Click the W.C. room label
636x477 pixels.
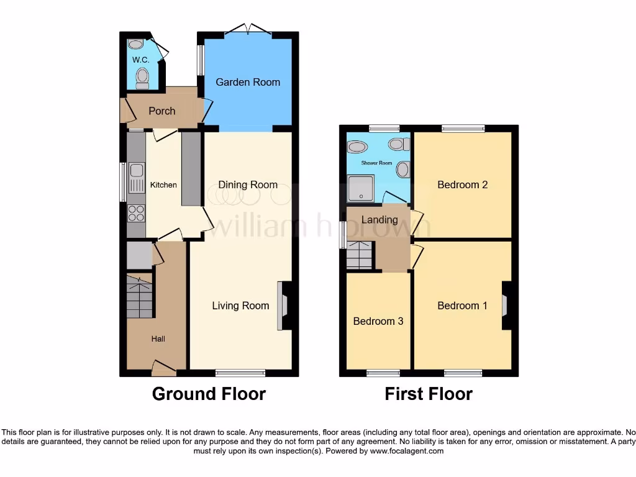click(140, 60)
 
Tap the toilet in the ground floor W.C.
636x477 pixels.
click(143, 78)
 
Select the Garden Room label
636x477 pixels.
click(248, 82)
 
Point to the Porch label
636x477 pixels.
click(161, 111)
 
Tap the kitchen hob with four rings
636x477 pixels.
click(136, 213)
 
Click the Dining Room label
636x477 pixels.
click(248, 184)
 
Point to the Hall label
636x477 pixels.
click(158, 339)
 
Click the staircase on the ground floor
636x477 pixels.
click(140, 297)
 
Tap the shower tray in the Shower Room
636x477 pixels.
click(360, 188)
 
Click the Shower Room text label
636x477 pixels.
click(377, 163)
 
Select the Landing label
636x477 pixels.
click(379, 220)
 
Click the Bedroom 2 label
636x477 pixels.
click(463, 184)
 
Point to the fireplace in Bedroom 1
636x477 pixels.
click(506, 306)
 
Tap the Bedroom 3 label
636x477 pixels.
click(378, 321)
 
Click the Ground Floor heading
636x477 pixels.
click(209, 394)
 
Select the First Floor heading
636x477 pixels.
click(429, 394)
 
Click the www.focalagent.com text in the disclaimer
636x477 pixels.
click(407, 451)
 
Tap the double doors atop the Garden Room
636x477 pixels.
click(248, 29)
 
